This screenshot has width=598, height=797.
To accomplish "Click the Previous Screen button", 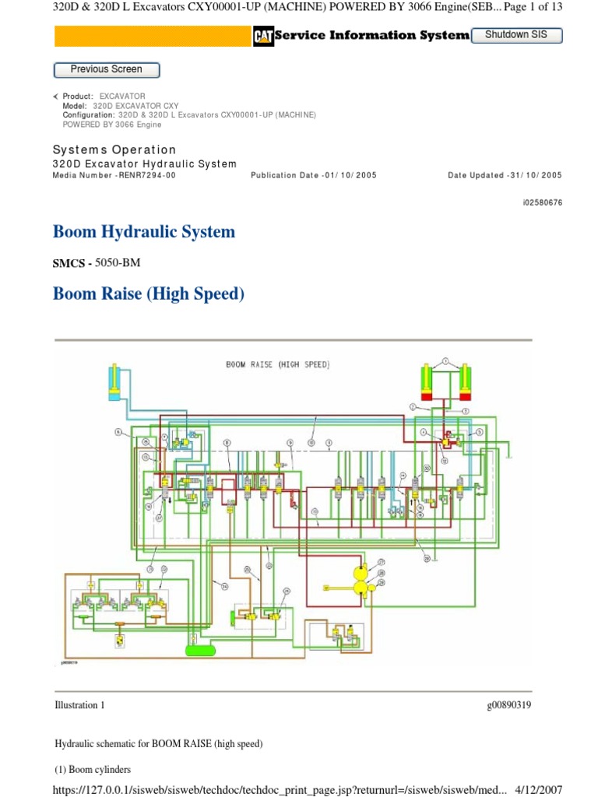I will point(106,69).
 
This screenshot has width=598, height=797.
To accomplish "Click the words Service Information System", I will point(371,35).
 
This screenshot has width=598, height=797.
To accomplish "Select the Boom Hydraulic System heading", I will point(143,232).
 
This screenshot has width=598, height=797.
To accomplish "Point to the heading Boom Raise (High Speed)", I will point(148,294).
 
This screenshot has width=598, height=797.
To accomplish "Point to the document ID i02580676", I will point(542,202).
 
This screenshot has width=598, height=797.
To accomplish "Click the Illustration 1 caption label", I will point(79,705).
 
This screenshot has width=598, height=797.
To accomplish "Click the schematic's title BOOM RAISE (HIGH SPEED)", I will point(277,364).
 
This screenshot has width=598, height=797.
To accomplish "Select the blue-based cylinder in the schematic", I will point(115,381).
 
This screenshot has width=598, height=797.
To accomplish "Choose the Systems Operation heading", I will point(114,149).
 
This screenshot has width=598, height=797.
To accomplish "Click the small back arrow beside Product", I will point(55,96).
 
